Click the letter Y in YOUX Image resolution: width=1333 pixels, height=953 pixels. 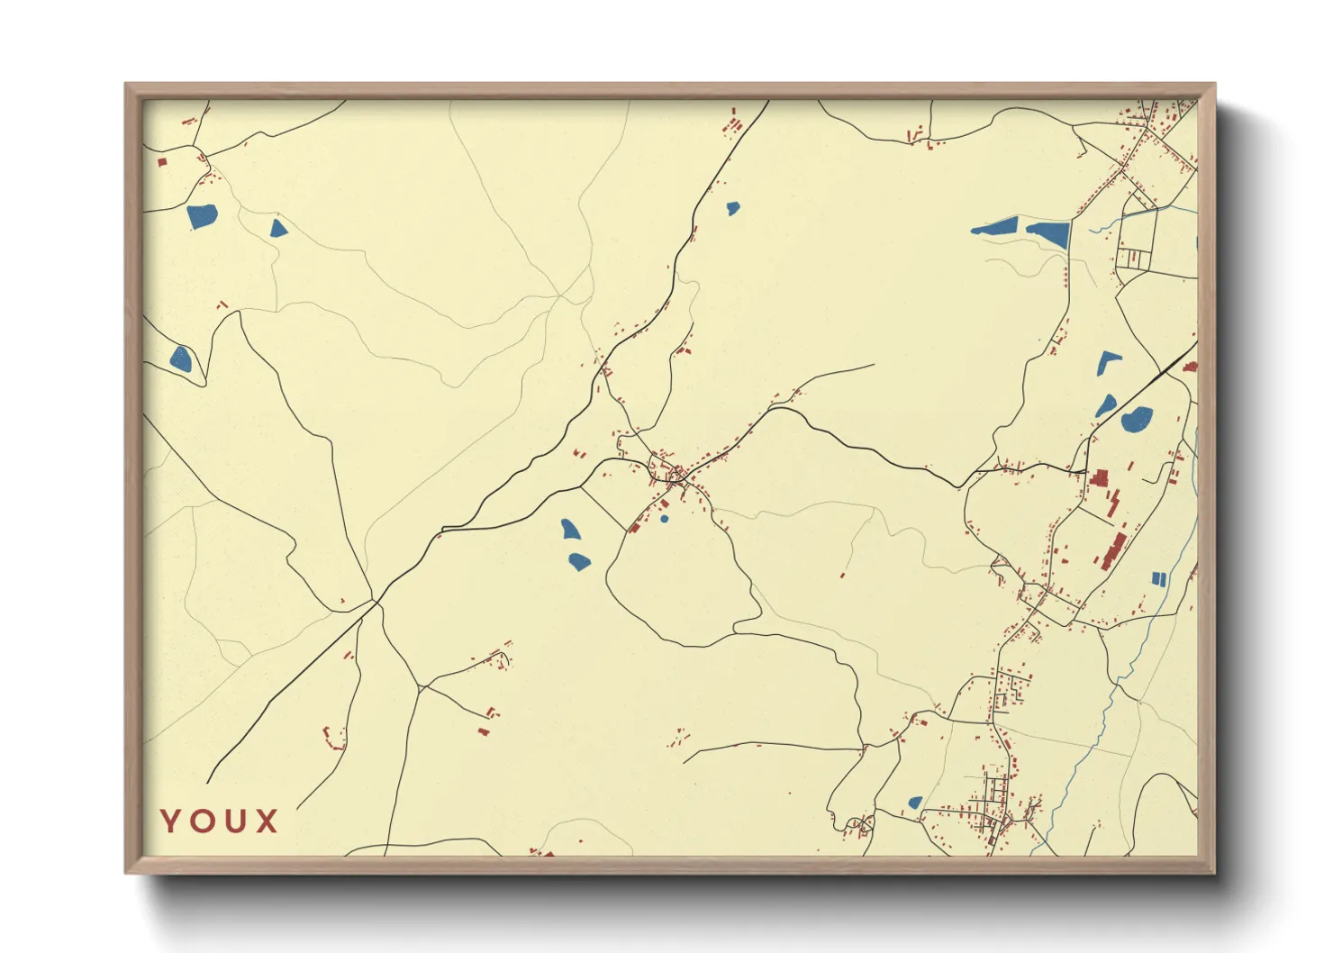pos(171,821)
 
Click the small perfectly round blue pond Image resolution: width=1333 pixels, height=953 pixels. pos(665,519)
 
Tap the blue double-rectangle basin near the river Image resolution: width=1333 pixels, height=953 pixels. pos(1159,577)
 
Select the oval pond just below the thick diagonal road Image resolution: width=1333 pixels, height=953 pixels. pos(1137,419)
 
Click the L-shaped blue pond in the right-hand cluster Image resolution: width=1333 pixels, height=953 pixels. pos(1106,361)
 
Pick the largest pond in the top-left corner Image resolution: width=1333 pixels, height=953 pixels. pos(202,216)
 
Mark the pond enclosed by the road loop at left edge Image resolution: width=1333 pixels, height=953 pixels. pos(181,359)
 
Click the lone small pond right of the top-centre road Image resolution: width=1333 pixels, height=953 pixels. pos(733,208)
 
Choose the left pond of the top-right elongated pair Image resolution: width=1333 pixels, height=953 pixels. pos(996,227)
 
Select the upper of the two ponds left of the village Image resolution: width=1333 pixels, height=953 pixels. pos(570,529)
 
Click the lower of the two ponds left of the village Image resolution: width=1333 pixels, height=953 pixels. pos(578,561)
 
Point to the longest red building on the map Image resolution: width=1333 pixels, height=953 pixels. pos(1114,550)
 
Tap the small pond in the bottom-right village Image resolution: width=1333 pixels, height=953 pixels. pos(915,802)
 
